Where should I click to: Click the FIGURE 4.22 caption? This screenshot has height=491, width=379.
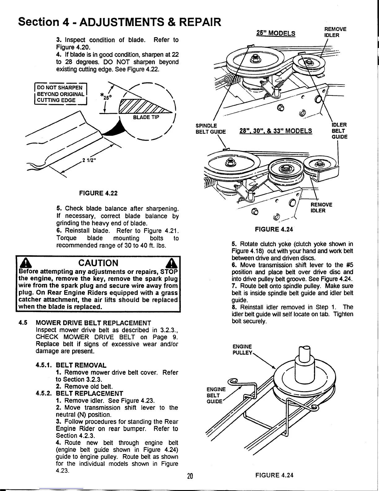pyautogui.click(x=98, y=193)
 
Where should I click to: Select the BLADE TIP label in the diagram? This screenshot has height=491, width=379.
pyautogui.click(x=146, y=117)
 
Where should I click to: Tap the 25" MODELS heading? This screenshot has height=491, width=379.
pyautogui.click(x=276, y=33)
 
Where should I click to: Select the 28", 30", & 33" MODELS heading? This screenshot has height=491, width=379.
pyautogui.click(x=276, y=131)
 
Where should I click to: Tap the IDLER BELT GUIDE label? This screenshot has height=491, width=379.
pyautogui.click(x=339, y=130)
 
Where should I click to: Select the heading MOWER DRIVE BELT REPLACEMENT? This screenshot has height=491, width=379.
pyautogui.click(x=94, y=323)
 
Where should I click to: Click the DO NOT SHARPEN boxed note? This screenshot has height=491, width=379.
pyautogui.click(x=61, y=93)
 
